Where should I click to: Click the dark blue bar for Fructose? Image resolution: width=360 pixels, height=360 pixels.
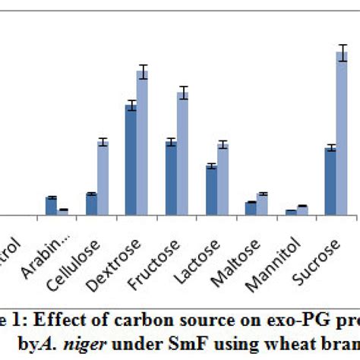[x=171, y=178]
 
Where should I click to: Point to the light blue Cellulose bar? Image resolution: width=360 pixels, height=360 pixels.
[x=103, y=178]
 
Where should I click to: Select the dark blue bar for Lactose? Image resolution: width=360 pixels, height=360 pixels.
[x=211, y=190]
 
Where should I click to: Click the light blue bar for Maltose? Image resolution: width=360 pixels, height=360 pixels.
[x=262, y=204]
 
